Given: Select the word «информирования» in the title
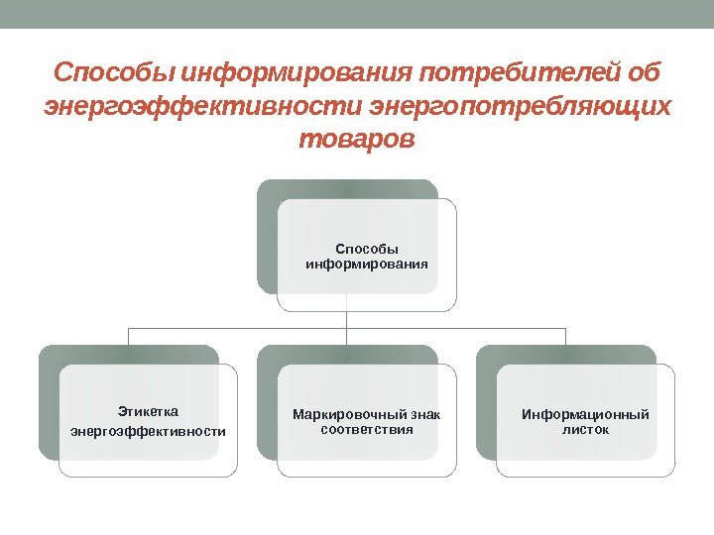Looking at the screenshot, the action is pyautogui.click(x=298, y=75).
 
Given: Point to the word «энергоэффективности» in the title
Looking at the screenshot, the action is pyautogui.click(x=204, y=107).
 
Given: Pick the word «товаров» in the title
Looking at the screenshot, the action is pyautogui.click(x=356, y=140).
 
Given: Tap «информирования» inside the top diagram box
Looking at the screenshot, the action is pyautogui.click(x=366, y=266).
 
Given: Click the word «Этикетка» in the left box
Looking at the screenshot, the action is pyautogui.click(x=147, y=410).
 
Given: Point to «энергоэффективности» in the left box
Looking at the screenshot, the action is pyautogui.click(x=148, y=431).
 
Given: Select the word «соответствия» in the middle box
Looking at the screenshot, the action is pyautogui.click(x=366, y=430).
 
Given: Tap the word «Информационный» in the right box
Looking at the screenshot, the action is pyautogui.click(x=585, y=414).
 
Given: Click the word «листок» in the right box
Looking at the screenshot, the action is pyautogui.click(x=585, y=430).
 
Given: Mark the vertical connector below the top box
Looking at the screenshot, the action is pyautogui.click(x=346, y=319).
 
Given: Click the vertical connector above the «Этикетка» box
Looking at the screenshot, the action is pyautogui.click(x=128, y=337).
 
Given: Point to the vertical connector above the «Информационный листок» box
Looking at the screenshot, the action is pyautogui.click(x=565, y=337).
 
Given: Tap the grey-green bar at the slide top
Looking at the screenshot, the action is pyautogui.click(x=357, y=14).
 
